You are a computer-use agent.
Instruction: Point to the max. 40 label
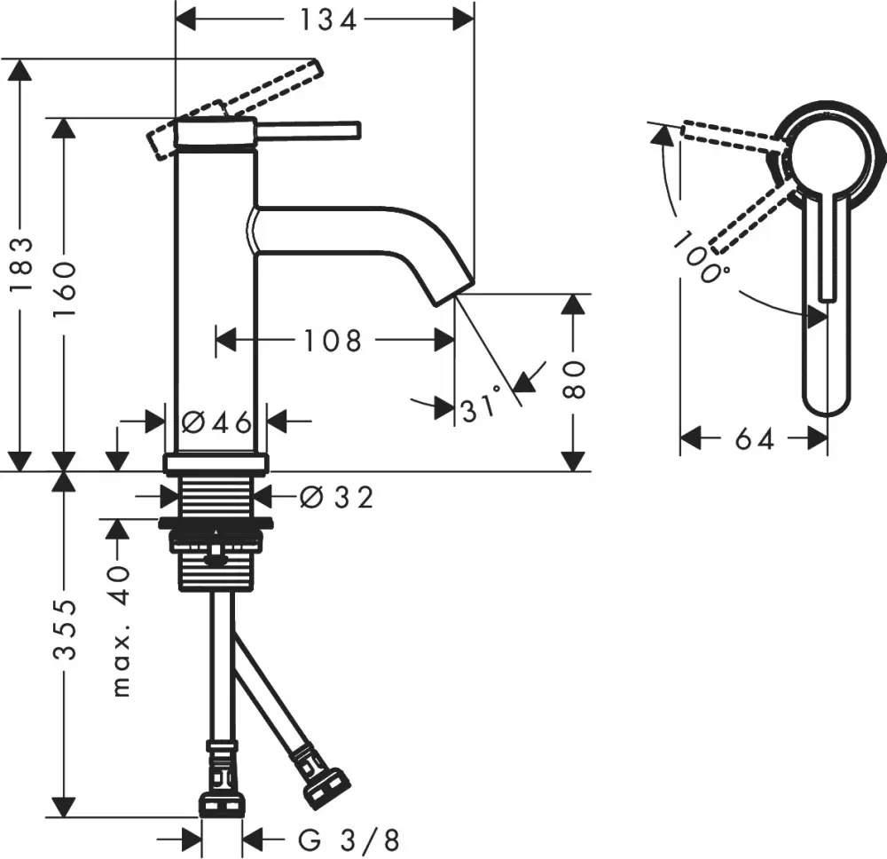point(122,631)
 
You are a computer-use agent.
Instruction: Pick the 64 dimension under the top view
point(754,437)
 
